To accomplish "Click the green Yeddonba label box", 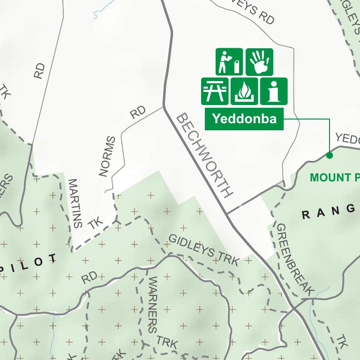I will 244,119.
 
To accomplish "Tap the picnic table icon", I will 215,91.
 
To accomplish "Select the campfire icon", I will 244,91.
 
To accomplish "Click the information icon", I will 273,91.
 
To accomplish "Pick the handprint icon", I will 259,61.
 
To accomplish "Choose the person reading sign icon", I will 229,61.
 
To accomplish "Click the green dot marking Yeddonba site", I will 330,155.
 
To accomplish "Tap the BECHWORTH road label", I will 204,155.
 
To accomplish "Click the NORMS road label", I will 107,157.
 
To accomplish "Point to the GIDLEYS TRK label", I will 203,250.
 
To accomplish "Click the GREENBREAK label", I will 293,259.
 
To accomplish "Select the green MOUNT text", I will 330,178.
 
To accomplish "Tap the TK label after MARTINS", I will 95,224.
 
